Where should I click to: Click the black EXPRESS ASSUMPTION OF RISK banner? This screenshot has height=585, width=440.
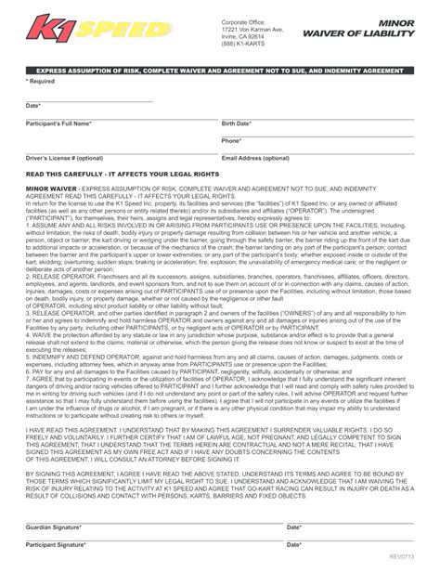point(219,71)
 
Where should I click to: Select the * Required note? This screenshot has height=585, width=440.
point(40,82)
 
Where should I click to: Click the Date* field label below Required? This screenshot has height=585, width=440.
point(33,106)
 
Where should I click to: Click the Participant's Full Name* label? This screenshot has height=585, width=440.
point(58,123)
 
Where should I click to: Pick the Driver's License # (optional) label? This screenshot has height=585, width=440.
point(65,159)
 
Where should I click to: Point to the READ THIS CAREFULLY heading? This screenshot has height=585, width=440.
point(122,174)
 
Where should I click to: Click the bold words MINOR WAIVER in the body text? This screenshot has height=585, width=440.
point(52,188)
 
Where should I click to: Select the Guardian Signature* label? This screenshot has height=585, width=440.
point(53,527)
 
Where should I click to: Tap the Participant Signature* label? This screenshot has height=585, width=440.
point(55,545)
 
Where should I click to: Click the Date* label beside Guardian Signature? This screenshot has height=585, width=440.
point(294,527)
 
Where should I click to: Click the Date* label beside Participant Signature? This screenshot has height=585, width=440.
point(294,545)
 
